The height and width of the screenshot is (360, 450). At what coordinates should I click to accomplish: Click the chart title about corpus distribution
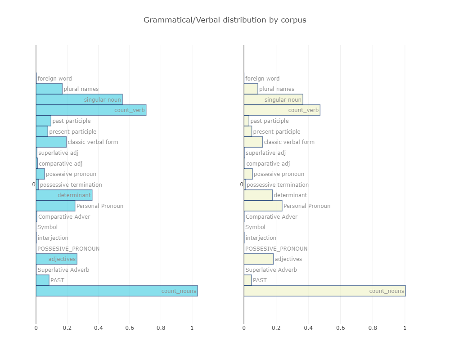pos(225,20)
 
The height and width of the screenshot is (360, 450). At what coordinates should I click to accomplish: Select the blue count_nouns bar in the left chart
pos(117,291)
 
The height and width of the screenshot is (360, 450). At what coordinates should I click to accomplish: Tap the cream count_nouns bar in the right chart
pos(324,291)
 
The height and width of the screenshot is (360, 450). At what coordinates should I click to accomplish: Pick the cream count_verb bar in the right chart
pos(282,110)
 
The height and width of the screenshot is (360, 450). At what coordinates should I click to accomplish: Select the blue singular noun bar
pos(79,99)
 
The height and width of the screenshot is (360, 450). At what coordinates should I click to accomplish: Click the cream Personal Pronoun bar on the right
pos(263,206)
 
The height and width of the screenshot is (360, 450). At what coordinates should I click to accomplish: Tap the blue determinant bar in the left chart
pos(64,195)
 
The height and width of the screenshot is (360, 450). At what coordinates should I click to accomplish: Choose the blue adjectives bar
pos(56,259)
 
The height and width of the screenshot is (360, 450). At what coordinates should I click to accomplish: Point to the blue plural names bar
pos(49,89)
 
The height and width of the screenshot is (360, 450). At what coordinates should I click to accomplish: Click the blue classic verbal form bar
pos(51,142)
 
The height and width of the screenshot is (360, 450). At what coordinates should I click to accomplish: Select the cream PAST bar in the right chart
pos(247,280)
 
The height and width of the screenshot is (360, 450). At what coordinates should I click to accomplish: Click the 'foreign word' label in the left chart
pos(54,78)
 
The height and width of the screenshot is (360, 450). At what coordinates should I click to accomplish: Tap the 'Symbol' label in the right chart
pos(255,227)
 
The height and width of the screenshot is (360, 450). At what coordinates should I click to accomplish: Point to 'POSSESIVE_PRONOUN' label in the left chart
pos(68,248)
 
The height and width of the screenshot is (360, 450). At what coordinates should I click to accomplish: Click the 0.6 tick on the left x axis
pos(130,328)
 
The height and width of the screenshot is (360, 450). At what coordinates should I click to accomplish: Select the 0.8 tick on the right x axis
pos(373,328)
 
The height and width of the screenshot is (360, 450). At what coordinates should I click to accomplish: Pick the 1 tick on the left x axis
pos(192,328)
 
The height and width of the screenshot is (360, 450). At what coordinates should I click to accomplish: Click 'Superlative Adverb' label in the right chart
pos(271,270)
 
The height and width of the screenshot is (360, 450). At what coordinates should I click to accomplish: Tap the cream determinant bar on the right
pos(258,195)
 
